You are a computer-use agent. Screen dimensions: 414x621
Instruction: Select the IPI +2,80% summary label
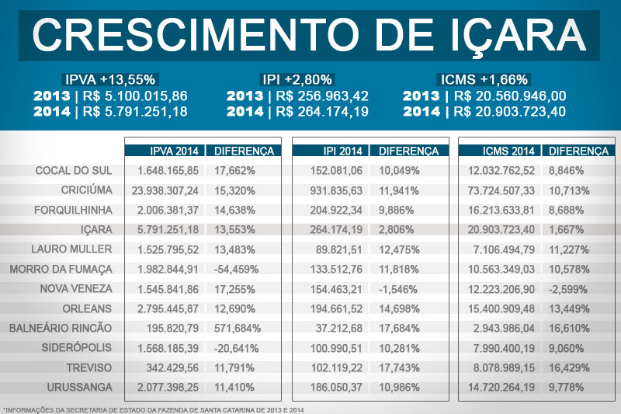coord(297,79)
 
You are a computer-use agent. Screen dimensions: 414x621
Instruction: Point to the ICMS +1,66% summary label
coord(484,79)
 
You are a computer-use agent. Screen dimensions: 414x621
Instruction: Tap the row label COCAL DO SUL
coord(75,170)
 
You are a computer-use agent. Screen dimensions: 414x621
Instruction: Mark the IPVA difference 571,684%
coord(237,328)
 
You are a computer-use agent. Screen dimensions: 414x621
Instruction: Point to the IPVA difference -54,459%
coord(237,269)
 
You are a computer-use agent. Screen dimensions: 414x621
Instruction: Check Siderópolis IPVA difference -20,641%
coord(237,347)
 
